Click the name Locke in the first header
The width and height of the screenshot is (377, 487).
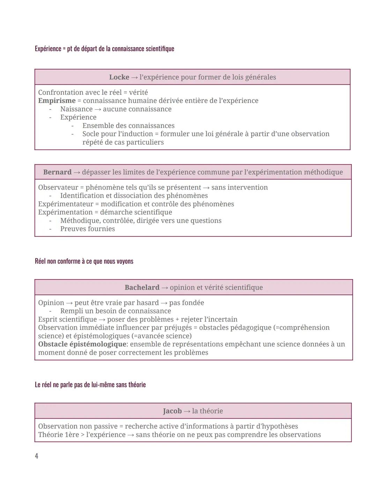(x=119, y=77)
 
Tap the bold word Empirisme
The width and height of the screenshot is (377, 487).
(x=57, y=101)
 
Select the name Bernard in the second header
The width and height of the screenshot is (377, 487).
(x=57, y=172)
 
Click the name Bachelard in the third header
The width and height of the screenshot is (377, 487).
(x=142, y=288)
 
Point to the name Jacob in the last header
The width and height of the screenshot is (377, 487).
(x=172, y=411)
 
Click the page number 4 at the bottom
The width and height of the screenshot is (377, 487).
(x=37, y=456)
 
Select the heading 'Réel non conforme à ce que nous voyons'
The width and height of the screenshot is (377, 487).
(x=84, y=261)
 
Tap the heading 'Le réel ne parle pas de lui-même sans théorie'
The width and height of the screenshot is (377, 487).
(x=90, y=385)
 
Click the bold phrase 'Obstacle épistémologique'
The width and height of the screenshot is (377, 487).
(x=82, y=344)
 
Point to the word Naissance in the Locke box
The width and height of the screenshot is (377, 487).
(x=76, y=109)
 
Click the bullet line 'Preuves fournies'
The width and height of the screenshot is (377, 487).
(x=87, y=229)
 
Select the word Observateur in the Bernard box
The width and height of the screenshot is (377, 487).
(x=58, y=188)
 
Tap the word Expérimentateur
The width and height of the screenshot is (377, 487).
(x=66, y=204)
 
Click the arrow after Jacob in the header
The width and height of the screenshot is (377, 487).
(x=187, y=411)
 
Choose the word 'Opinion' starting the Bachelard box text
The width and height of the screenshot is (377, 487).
(x=51, y=303)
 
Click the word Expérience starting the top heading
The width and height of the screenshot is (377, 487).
(x=48, y=49)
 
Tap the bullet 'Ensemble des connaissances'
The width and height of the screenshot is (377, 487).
(x=128, y=126)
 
